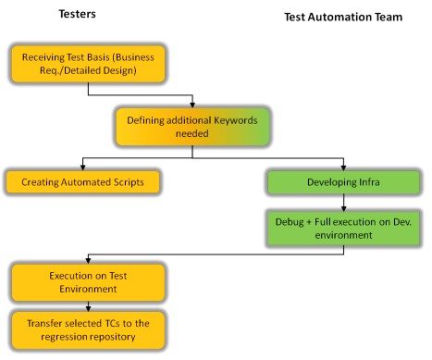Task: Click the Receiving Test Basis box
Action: click(x=88, y=64)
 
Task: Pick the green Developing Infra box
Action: click(x=343, y=181)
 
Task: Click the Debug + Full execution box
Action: click(x=343, y=229)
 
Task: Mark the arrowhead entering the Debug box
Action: click(x=344, y=208)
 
